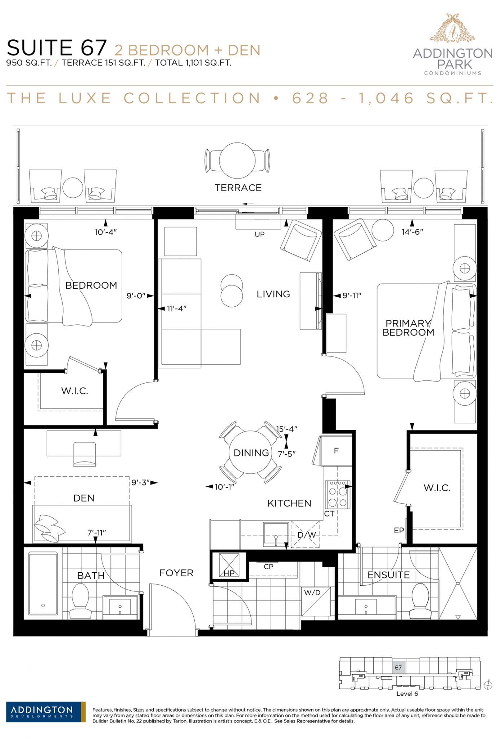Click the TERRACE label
tap(238, 188)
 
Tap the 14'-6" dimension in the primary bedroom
tap(412, 232)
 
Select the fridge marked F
tap(336, 451)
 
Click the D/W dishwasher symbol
tap(306, 534)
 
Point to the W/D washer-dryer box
tap(316, 601)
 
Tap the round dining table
tap(251, 452)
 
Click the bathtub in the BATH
tap(43, 583)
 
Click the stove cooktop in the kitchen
tap(338, 495)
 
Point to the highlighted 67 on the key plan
tap(398, 668)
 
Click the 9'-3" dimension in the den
tap(140, 482)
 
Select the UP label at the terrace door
tap(260, 234)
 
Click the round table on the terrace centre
tap(237, 161)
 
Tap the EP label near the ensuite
tap(399, 530)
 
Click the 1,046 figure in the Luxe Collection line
tap(386, 98)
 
